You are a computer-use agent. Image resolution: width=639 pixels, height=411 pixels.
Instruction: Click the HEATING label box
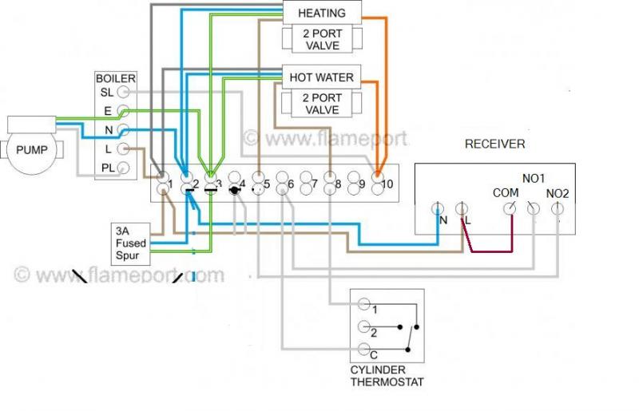[x=321, y=13]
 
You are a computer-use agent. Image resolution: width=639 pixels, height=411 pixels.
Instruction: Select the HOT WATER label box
[x=321, y=78]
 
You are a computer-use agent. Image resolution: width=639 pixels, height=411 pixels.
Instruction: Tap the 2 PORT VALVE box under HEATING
[x=321, y=40]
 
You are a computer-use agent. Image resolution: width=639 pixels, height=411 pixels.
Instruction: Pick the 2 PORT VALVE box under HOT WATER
[x=321, y=105]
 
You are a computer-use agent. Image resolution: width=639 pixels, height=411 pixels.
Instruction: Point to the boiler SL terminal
[x=124, y=92]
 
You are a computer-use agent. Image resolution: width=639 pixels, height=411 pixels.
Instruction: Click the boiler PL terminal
[x=124, y=168]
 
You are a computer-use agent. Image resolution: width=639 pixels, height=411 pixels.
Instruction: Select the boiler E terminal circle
[x=124, y=111]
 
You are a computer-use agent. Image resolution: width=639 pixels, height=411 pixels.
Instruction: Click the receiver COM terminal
[x=509, y=210]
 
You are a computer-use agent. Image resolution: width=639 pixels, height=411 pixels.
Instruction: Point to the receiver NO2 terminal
[x=557, y=210]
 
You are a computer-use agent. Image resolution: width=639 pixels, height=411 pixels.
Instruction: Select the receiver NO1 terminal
[x=533, y=210]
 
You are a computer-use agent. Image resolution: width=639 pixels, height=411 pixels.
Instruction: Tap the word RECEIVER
[x=494, y=144]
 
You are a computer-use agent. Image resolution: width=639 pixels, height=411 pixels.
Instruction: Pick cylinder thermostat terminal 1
[x=364, y=304]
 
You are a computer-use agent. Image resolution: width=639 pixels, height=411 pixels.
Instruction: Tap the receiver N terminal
[x=439, y=210]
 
